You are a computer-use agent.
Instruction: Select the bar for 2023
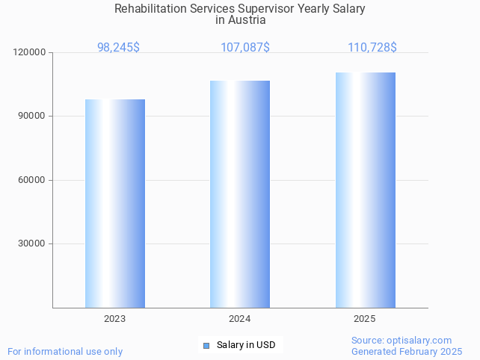pos(115,203)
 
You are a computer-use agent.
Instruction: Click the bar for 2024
pos(240,194)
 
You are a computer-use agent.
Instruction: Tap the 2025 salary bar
pos(365,190)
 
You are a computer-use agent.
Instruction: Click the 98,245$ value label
pos(118,47)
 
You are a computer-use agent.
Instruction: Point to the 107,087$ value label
pos(245,47)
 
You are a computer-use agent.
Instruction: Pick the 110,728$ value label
pos(372,47)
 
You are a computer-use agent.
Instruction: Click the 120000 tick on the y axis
pos(30,52)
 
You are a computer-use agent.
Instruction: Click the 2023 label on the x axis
pos(115,319)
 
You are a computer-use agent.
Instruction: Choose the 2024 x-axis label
pos(240,319)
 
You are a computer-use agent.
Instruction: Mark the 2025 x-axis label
pos(365,319)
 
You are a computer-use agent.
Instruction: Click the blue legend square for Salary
pos(207,345)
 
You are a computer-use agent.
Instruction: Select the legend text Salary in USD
pos(246,345)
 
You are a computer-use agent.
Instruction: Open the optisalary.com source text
pos(401,340)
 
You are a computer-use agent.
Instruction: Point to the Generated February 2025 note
pos(407,351)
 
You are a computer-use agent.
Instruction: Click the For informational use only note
pos(65,351)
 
